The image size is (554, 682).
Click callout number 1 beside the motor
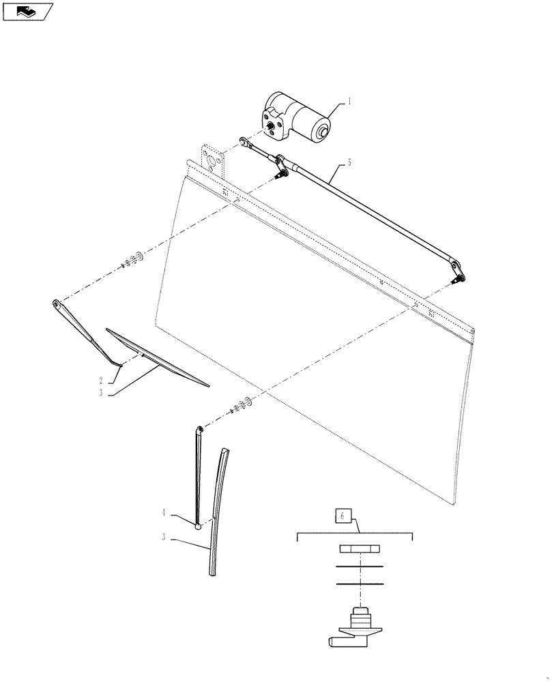[349, 101]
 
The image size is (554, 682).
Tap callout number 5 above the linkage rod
[349, 163]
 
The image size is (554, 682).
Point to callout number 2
[100, 380]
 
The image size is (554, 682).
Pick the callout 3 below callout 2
[100, 393]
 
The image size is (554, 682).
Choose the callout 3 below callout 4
[164, 538]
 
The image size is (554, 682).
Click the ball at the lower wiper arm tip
[199, 526]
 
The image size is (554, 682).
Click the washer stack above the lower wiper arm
[242, 406]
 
